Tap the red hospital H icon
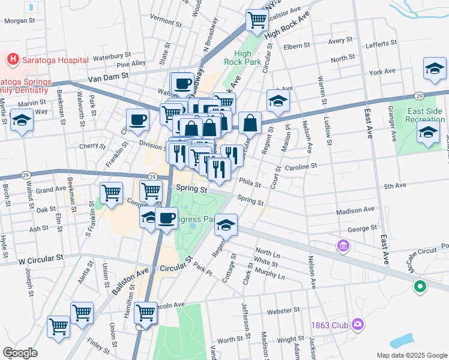(x=11, y=59)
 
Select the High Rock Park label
(x=243, y=57)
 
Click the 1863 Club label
(x=330, y=325)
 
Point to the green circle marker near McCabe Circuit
(x=420, y=287)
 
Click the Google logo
(x=19, y=353)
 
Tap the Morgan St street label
(x=20, y=20)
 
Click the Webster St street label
(x=283, y=310)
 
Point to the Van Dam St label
(x=108, y=77)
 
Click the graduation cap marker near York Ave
(x=434, y=69)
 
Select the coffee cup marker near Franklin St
(x=137, y=119)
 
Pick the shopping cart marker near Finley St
(x=59, y=327)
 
